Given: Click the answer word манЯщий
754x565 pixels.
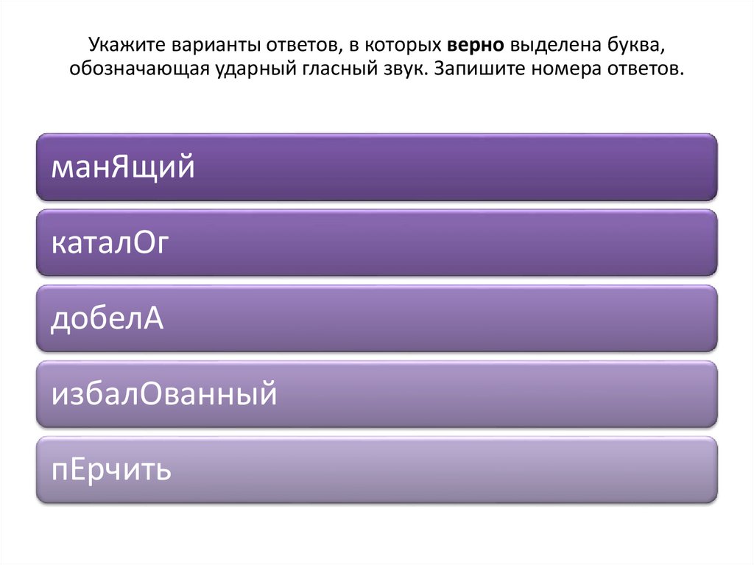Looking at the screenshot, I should [x=123, y=168].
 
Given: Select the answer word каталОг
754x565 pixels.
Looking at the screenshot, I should [x=110, y=243].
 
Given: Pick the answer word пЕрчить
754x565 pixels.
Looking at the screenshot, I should [x=111, y=469].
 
